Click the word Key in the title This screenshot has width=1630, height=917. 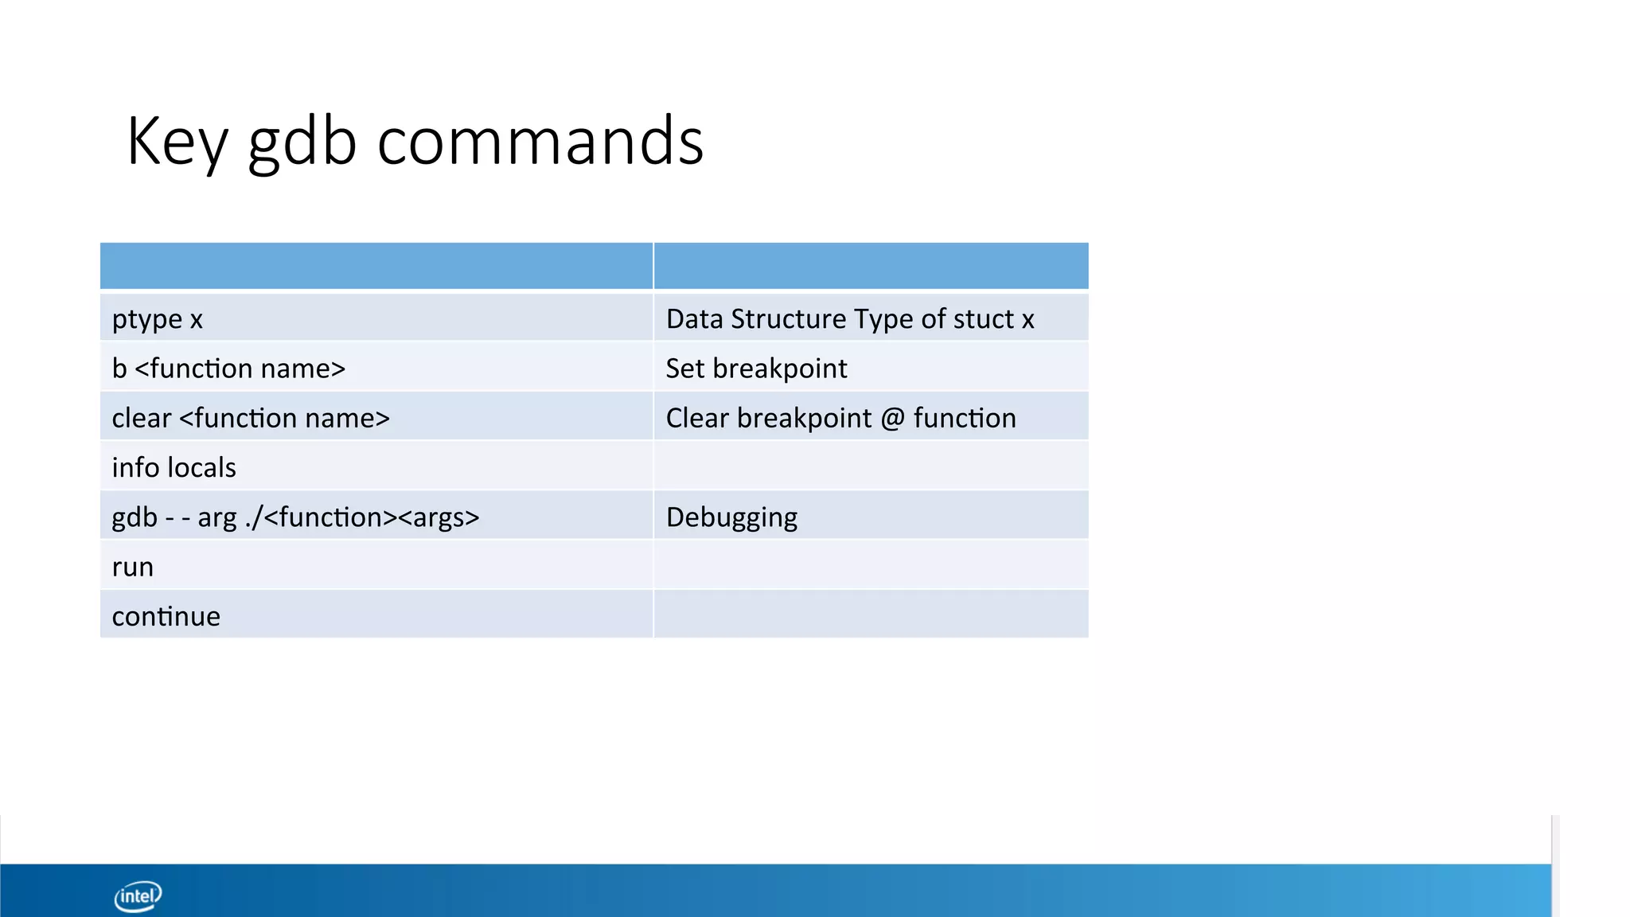[177, 141]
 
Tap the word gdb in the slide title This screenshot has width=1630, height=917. [302, 141]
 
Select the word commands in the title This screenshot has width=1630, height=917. [540, 141]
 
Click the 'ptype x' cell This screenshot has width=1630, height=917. [158, 319]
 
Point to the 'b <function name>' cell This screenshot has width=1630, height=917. [228, 369]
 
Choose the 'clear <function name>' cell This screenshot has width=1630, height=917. [251, 418]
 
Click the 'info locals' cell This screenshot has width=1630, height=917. [174, 467]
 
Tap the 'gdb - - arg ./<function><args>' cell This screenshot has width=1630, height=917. [295, 517]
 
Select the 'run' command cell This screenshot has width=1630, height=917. [132, 567]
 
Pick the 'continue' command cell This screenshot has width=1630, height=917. [166, 616]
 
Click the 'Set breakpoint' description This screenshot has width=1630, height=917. [756, 369]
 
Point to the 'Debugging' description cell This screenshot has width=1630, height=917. [731, 517]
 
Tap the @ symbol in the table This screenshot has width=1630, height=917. [892, 419]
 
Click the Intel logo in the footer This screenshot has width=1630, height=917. [138, 896]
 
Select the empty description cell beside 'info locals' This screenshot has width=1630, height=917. [871, 467]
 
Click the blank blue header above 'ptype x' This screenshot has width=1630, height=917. [376, 266]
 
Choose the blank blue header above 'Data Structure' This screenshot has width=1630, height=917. [871, 266]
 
